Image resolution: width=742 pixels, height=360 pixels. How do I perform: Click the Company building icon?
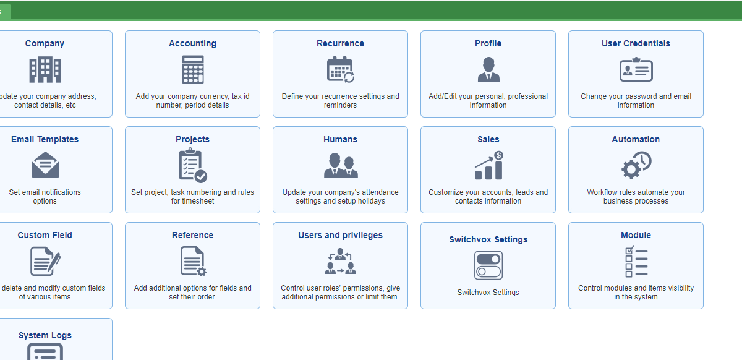[x=45, y=70]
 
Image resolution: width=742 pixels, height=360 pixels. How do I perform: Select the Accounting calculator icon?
[x=193, y=69]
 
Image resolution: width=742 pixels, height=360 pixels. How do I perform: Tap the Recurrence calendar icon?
[x=341, y=70]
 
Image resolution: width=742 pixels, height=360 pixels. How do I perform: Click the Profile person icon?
[x=488, y=70]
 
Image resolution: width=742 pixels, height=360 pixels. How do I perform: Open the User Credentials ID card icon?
[x=636, y=70]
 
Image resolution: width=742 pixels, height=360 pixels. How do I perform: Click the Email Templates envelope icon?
[x=45, y=165]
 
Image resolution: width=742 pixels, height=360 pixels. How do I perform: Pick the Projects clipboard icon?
[x=193, y=165]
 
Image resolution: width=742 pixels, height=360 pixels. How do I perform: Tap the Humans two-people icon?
[x=341, y=165]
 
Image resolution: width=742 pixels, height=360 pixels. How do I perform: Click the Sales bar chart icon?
[x=489, y=165]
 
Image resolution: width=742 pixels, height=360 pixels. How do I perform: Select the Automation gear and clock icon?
[x=636, y=165]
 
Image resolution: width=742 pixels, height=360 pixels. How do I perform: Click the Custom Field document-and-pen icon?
[x=45, y=261]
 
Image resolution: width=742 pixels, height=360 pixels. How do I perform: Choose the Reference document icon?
[x=193, y=261]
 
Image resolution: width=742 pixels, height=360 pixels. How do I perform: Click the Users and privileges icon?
[x=341, y=261]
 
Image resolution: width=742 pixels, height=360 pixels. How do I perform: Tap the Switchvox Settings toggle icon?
[x=488, y=265]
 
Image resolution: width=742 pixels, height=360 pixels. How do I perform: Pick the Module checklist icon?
[x=636, y=261]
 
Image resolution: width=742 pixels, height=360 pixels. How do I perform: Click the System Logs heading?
[x=45, y=335]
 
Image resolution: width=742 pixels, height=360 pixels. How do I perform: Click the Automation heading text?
[x=636, y=139]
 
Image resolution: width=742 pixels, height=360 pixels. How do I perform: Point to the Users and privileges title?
[x=340, y=235]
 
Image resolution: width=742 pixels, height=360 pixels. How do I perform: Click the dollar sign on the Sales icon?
[x=498, y=155]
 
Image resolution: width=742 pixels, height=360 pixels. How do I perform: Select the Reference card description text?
[x=192, y=293]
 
